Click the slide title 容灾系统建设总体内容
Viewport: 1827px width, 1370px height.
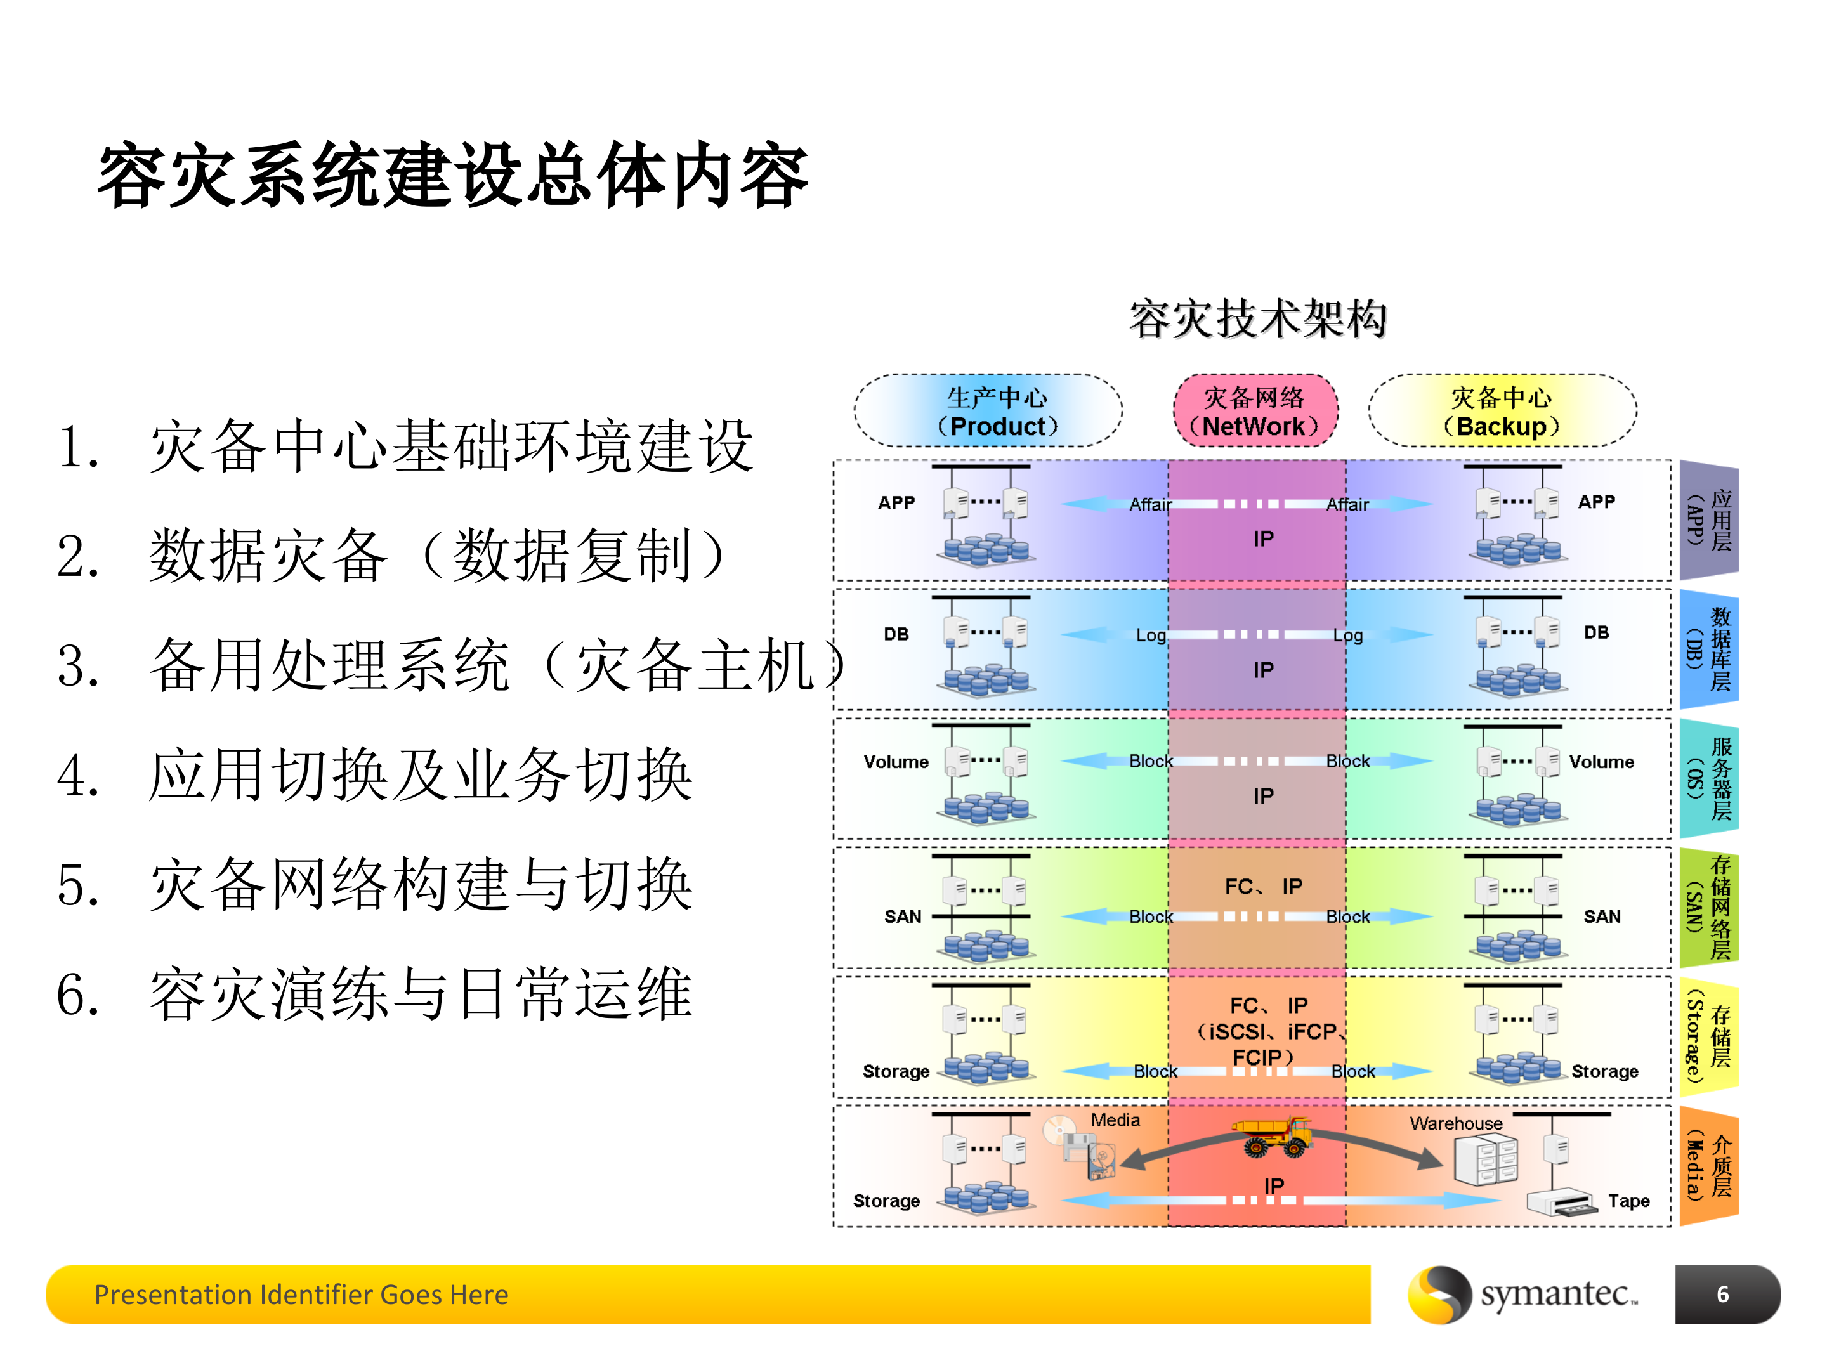click(452, 175)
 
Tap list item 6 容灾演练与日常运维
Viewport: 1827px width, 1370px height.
click(376, 995)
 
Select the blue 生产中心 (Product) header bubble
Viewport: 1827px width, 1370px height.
click(988, 411)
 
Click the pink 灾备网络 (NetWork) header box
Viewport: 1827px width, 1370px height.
click(1255, 411)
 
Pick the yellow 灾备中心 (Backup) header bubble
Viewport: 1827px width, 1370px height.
click(1502, 411)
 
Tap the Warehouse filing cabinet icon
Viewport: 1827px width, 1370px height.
click(1485, 1159)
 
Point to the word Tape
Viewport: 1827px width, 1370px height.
click(1628, 1201)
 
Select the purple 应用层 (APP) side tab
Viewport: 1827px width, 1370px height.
click(1709, 520)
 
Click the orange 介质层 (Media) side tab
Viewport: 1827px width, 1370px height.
click(1709, 1166)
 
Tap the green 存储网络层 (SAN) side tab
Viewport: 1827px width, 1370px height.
click(1709, 908)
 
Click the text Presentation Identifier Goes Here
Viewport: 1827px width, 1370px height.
click(301, 1294)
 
